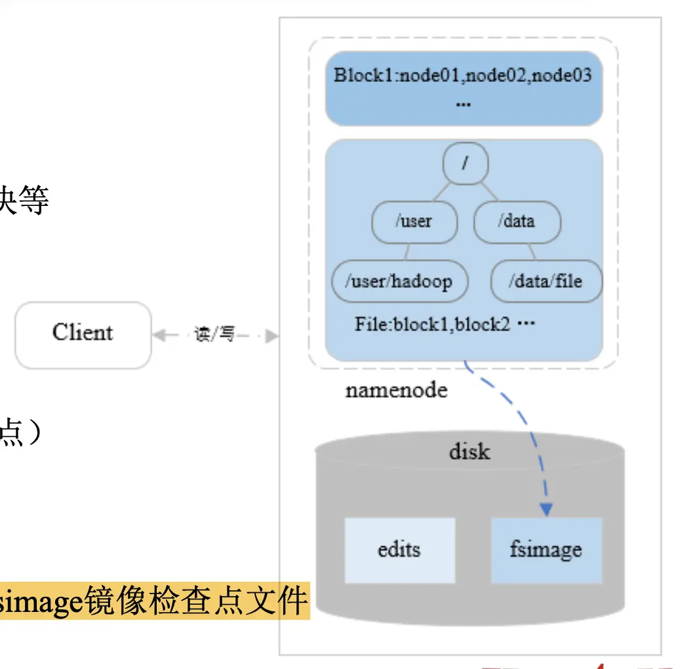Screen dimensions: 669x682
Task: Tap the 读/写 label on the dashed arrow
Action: [214, 335]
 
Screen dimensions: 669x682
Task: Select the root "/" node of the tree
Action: [465, 162]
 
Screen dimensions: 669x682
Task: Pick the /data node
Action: [516, 222]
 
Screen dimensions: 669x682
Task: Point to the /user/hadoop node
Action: [399, 281]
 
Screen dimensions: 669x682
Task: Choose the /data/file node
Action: [546, 281]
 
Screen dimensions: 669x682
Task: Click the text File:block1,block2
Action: [433, 324]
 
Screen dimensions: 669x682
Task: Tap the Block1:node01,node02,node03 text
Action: [463, 75]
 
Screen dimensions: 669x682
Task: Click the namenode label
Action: [396, 390]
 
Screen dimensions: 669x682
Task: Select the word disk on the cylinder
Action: [470, 451]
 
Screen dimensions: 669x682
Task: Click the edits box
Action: [399, 550]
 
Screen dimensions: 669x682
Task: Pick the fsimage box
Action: [546, 550]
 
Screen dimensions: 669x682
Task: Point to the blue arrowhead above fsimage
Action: [546, 509]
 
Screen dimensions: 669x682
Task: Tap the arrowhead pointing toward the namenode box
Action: [272, 336]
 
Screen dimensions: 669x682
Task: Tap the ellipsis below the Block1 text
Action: [463, 104]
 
